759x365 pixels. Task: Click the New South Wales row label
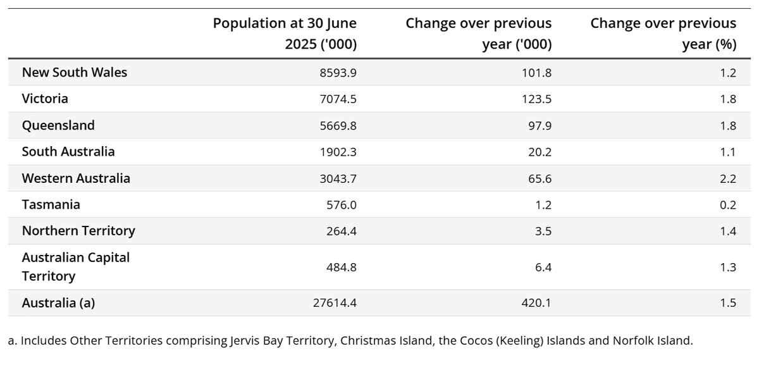point(75,72)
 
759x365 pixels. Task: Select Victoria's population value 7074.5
point(339,99)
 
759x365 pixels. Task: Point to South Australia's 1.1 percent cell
point(728,152)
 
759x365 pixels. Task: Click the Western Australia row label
point(76,178)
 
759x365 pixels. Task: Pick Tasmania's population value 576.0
point(342,205)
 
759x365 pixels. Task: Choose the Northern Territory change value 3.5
point(543,232)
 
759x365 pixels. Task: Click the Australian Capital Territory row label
point(75,267)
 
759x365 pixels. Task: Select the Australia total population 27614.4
point(335,303)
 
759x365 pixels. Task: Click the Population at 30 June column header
point(285,34)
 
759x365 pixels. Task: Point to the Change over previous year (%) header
point(663,34)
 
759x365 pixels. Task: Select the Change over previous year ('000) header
point(479,34)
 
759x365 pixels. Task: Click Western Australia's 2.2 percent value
point(728,179)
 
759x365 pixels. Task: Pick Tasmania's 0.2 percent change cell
point(728,205)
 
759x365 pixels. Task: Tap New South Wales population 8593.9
point(339,73)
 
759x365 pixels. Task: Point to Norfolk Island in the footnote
point(652,341)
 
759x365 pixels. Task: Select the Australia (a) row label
point(58,303)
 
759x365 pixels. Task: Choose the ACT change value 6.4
point(543,268)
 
